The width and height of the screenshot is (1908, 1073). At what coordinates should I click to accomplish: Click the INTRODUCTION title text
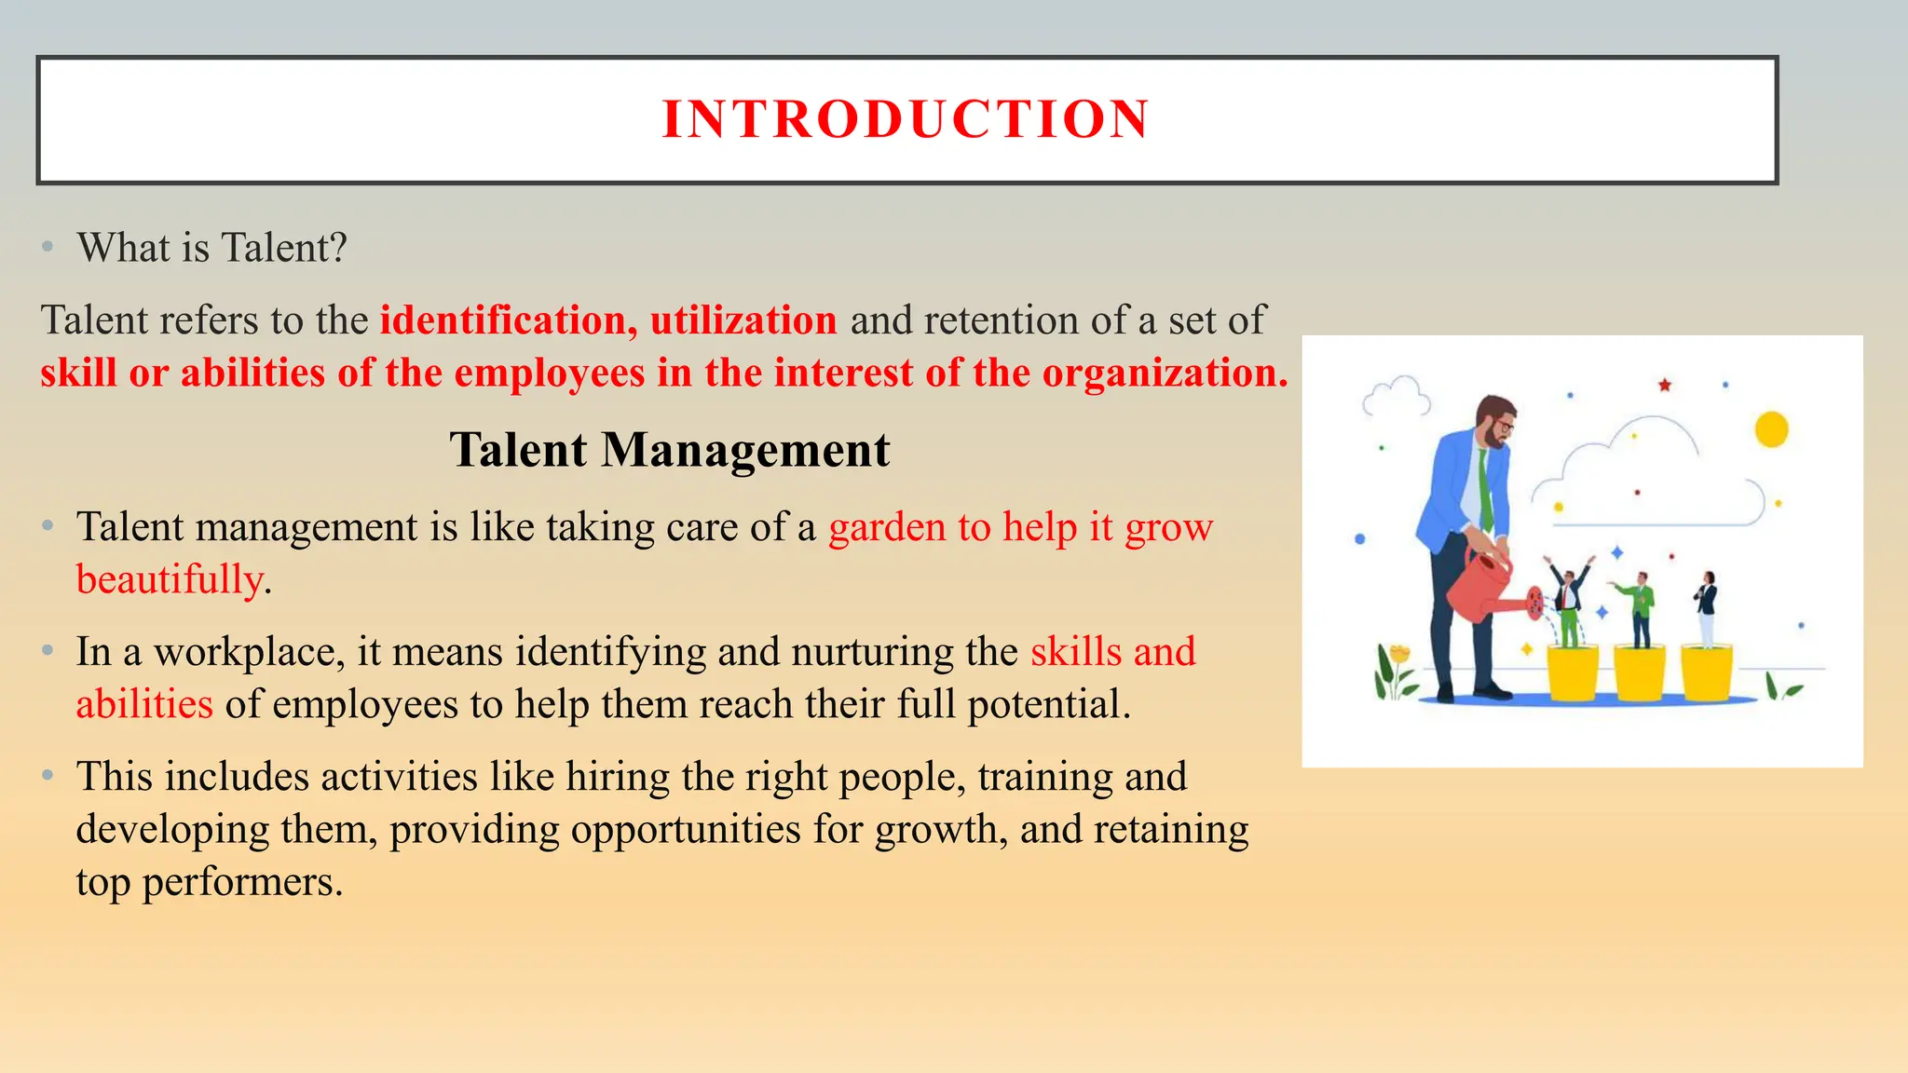(x=906, y=119)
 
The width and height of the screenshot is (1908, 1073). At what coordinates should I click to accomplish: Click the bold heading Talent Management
(x=670, y=450)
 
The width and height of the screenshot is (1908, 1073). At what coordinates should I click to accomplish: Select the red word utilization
(x=743, y=320)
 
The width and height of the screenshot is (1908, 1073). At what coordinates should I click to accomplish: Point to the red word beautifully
(x=170, y=579)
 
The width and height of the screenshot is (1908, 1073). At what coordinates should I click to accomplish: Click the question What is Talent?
(x=212, y=248)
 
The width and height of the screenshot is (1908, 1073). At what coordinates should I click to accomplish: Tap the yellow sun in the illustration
(x=1771, y=429)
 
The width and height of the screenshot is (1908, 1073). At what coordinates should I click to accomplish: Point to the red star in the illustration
(x=1664, y=385)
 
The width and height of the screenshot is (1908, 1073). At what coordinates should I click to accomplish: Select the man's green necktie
(x=1485, y=489)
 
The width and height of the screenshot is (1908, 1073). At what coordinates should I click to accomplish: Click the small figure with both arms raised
(x=1569, y=596)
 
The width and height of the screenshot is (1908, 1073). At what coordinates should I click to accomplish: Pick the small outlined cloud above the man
(x=1396, y=398)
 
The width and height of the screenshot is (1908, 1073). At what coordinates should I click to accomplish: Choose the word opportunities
(x=686, y=830)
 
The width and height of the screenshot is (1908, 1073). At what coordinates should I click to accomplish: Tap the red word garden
(x=887, y=527)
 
